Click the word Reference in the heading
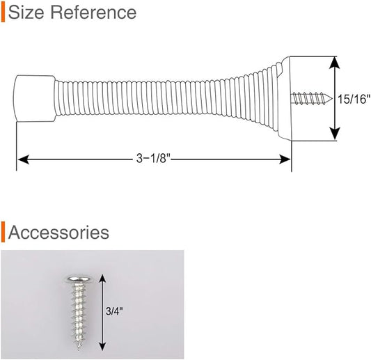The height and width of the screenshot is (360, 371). click(93, 13)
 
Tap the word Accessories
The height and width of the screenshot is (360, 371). click(58, 232)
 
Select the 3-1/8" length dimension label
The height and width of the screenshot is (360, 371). click(153, 158)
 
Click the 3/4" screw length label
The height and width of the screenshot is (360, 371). click(114, 311)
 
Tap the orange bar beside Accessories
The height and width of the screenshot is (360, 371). click(3, 232)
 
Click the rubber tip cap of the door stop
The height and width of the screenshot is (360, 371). click(35, 98)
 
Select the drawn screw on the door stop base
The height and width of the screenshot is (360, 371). click(312, 98)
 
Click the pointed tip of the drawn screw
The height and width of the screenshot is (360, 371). click(332, 99)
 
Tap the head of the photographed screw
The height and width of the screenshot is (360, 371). click(79, 279)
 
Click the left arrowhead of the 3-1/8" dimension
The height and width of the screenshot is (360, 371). click(23, 159)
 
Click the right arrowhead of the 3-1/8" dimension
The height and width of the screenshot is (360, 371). click(285, 159)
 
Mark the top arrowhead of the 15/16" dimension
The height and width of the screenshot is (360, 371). click(334, 63)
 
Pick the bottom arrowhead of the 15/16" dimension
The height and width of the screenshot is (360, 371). click(334, 134)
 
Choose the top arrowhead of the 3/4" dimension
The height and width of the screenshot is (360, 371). click(102, 279)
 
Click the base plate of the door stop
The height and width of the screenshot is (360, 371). click(285, 98)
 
